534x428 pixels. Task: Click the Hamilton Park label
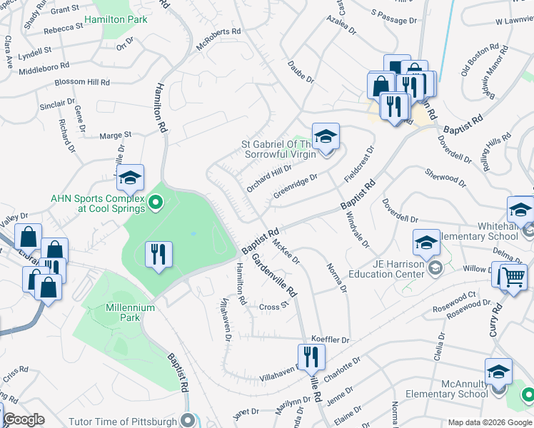tap(116, 19)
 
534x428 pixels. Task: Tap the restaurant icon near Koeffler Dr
tap(310, 356)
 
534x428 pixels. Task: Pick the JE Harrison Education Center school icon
tap(425, 242)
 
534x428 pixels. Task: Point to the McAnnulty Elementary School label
tap(447, 388)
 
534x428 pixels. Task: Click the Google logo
tap(24, 419)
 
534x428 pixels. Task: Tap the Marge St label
tap(116, 134)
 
